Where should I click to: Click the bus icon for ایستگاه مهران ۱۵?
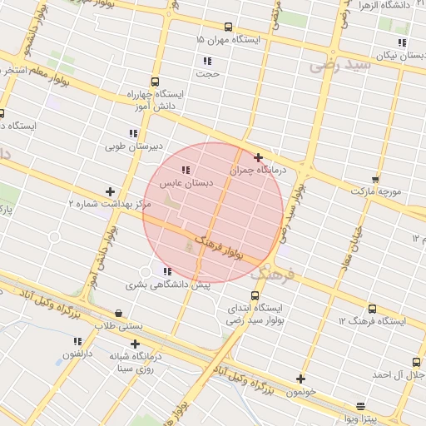229,27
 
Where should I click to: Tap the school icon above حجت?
207,61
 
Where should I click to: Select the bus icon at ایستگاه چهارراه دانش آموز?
156,82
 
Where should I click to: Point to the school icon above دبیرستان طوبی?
133,133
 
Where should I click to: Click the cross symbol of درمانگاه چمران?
259,157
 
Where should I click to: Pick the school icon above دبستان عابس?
185,169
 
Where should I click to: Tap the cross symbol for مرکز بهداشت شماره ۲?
110,191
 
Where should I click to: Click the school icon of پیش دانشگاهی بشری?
167,271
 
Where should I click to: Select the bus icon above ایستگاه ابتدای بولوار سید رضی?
255,295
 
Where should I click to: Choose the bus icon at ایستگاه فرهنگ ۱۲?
372,309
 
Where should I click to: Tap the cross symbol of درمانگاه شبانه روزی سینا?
135,343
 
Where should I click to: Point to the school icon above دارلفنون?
77,341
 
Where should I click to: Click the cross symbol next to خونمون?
300,379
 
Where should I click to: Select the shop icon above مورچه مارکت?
375,179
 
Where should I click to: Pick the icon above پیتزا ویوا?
360,406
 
